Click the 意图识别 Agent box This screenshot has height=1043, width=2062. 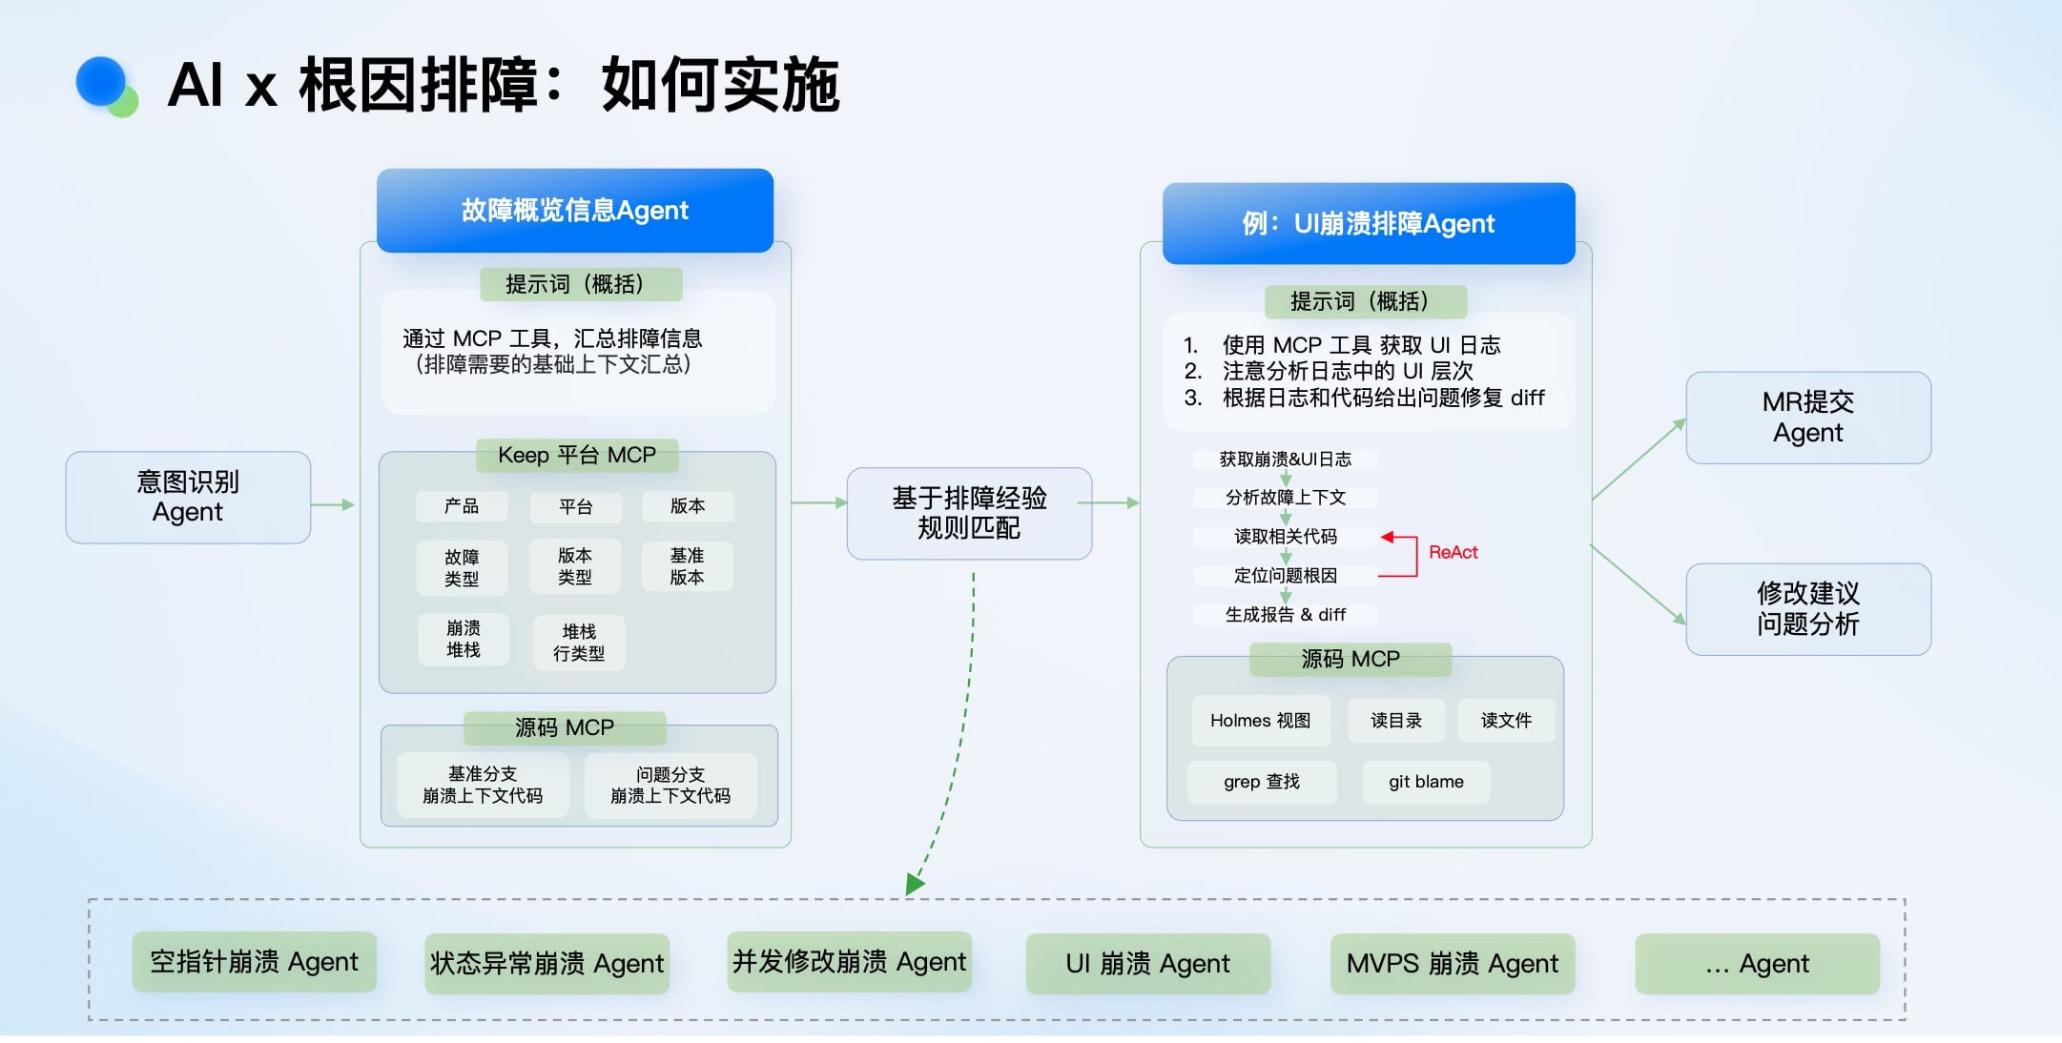click(x=188, y=497)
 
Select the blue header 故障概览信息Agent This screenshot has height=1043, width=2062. click(x=574, y=211)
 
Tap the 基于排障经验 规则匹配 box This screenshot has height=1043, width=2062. click(x=969, y=513)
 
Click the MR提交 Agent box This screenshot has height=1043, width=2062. click(x=1807, y=418)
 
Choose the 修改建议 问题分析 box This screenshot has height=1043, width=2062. click(x=1807, y=609)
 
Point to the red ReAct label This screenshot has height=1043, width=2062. click(x=1453, y=552)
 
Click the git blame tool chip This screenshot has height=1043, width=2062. click(x=1426, y=782)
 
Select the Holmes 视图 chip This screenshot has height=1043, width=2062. click(x=1260, y=721)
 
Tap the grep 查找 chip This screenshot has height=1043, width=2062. click(x=1261, y=782)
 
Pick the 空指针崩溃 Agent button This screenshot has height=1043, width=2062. click(x=254, y=962)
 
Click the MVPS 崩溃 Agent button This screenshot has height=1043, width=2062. click(x=1452, y=964)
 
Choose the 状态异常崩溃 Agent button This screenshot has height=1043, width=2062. click(x=546, y=964)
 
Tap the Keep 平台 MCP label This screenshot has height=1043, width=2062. click(x=577, y=455)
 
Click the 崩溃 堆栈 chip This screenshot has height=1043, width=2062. click(x=464, y=639)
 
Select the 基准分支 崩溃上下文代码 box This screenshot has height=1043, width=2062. click(x=483, y=785)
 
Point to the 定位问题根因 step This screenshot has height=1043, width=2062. click(x=1285, y=576)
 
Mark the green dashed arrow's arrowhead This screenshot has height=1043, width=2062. click(x=914, y=884)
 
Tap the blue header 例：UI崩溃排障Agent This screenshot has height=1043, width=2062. click(x=1368, y=224)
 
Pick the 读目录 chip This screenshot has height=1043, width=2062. click(x=1395, y=721)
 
